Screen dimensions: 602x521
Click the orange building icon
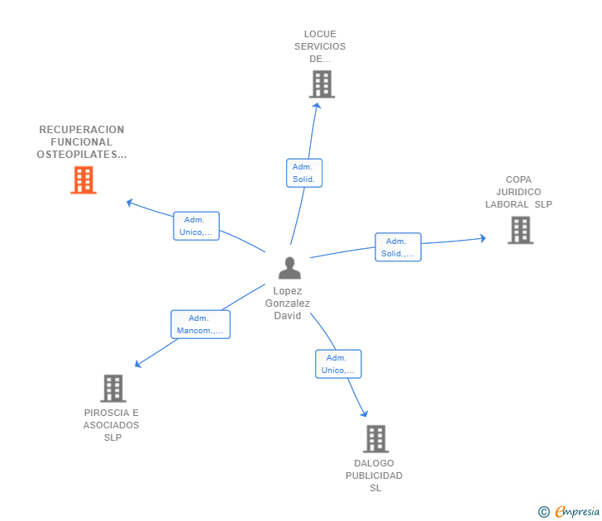point(84,179)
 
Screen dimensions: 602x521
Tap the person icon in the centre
point(289,268)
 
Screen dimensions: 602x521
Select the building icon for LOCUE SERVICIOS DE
point(322,84)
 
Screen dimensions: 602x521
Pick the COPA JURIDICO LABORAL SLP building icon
point(520,230)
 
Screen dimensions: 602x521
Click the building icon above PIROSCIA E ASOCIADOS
point(113,388)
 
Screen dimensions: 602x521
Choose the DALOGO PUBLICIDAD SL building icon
point(376,439)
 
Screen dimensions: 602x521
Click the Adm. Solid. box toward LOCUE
point(304,173)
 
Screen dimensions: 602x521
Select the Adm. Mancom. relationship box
point(200,324)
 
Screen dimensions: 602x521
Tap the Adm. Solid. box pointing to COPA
point(398,247)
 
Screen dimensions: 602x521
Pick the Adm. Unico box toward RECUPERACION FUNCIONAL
point(196,226)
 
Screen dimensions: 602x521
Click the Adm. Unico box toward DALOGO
point(338,364)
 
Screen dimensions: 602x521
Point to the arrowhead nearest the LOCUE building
point(317,106)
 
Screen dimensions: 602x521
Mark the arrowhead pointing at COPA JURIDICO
point(483,238)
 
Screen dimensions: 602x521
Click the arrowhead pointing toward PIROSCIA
point(138,363)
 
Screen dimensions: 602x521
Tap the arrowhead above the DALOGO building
point(365,413)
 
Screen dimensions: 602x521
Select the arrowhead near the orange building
point(130,203)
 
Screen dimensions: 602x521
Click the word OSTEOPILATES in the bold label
point(77,155)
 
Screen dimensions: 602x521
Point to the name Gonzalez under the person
point(287,304)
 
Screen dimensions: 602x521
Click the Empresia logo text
point(577,511)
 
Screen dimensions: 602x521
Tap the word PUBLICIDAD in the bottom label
point(374,476)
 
